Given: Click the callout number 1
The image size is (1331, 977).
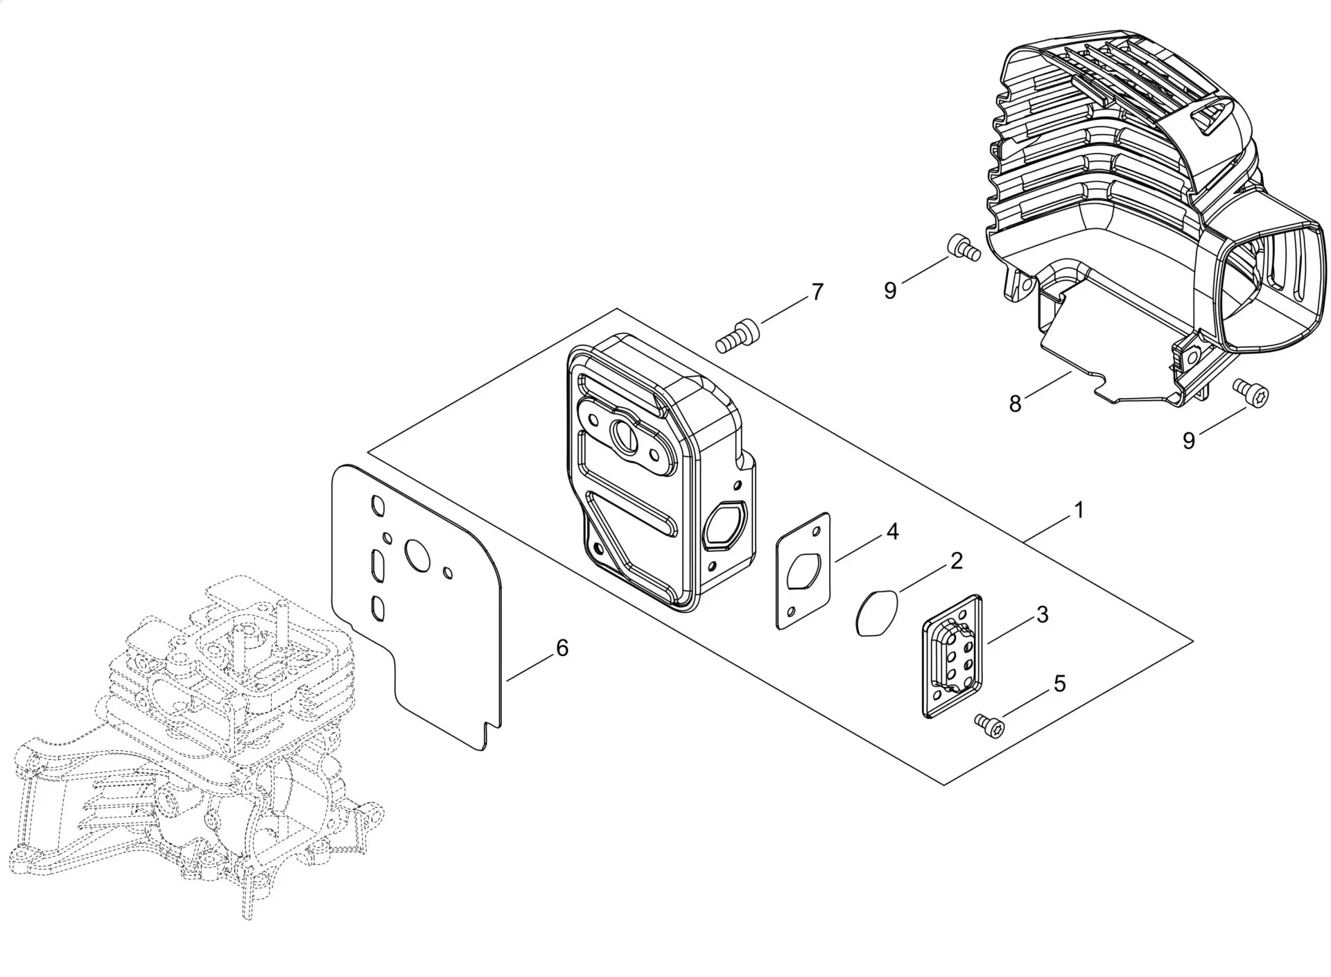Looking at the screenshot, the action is click(x=1079, y=510).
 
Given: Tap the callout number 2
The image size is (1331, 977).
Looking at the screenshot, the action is click(x=957, y=561).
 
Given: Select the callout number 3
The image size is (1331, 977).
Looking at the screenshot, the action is click(x=1042, y=614).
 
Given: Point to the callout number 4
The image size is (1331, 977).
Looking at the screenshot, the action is click(x=892, y=532).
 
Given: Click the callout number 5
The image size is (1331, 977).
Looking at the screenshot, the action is click(x=1060, y=684).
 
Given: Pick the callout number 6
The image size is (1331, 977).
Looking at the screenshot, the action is click(x=562, y=648).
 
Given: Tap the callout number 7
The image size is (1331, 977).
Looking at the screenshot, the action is click(x=818, y=292).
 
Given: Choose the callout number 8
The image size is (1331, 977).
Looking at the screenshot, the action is click(x=1016, y=404).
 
